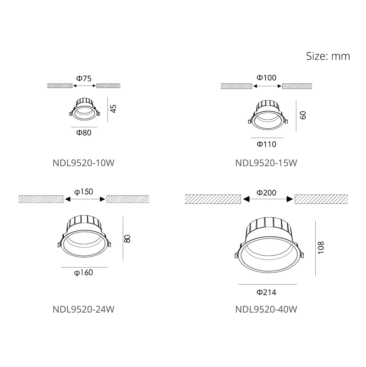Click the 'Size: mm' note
point(328,56)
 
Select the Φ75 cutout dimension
point(84,78)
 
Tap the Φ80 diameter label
point(84,133)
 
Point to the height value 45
point(113,109)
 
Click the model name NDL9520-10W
point(83,163)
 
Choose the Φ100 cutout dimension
point(266,78)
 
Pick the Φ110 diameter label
point(266,144)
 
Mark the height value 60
point(303,115)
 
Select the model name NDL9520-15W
point(266,163)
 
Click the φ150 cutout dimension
point(84,192)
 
